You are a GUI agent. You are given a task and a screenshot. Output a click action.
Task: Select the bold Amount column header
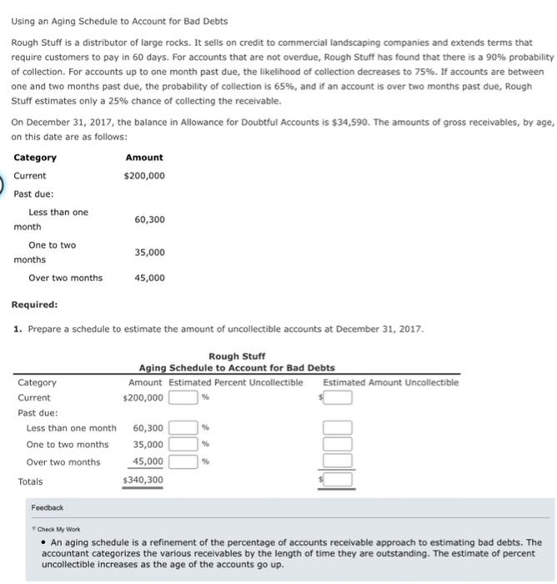(143, 158)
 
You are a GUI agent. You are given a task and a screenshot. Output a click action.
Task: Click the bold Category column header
(35, 158)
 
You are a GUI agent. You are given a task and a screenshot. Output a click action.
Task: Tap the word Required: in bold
(34, 305)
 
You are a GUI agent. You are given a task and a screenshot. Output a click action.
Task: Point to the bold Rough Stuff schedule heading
(237, 356)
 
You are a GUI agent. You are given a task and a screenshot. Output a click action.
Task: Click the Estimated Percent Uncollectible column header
(236, 382)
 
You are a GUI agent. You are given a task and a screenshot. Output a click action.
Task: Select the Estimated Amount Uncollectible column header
(390, 382)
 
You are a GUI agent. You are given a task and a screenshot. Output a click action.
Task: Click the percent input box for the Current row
(183, 398)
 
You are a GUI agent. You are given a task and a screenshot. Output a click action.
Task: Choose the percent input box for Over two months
(183, 461)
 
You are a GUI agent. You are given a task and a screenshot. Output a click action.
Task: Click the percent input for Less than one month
(183, 428)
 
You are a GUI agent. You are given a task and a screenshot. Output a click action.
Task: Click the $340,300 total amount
(143, 481)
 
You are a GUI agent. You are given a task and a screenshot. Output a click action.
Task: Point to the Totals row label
(30, 481)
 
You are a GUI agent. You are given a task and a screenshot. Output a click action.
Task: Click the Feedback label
(47, 506)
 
